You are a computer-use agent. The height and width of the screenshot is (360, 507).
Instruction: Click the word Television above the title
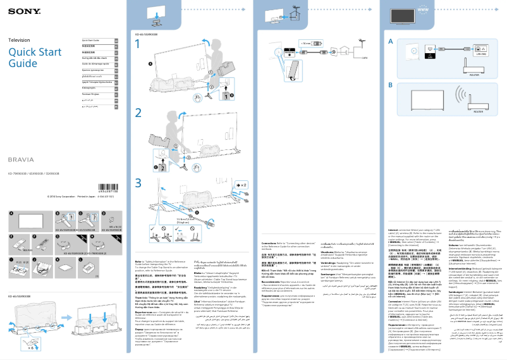(x=19, y=40)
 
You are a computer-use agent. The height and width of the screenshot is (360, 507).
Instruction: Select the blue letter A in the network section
(x=391, y=41)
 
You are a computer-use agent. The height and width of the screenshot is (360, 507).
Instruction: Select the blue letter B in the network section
(x=391, y=85)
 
